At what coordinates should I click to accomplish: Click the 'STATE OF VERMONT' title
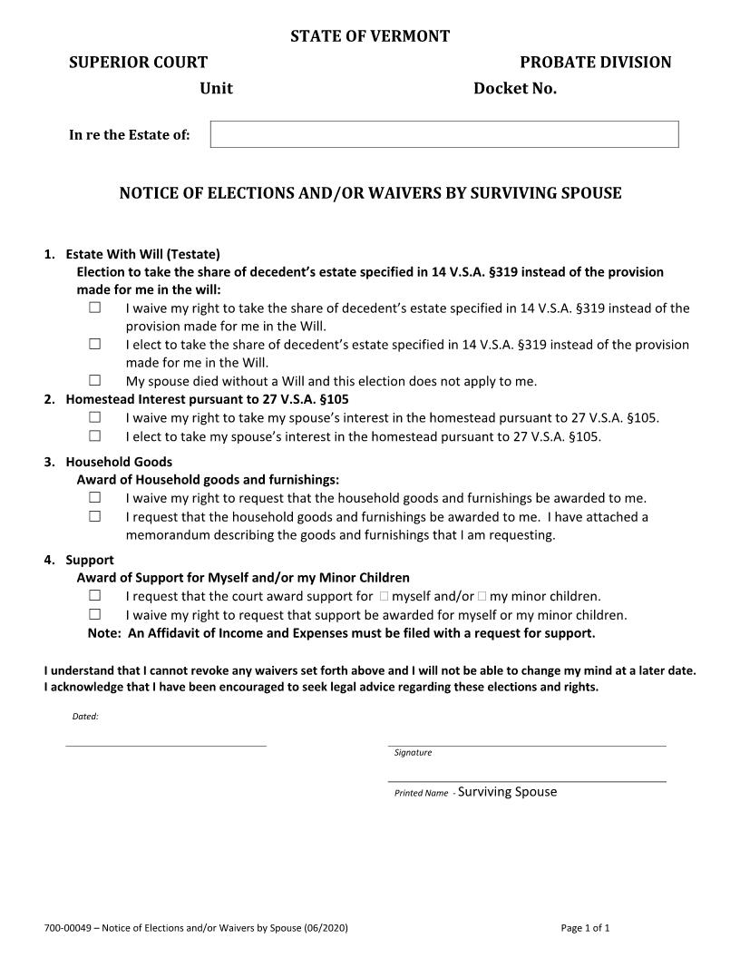(x=370, y=36)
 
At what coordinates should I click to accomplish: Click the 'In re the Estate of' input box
(x=444, y=134)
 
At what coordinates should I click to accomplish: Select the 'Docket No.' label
(x=514, y=88)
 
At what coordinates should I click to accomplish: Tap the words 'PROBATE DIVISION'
(x=595, y=62)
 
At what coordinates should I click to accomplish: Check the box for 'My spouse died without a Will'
(x=94, y=380)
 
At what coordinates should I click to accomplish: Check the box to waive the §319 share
(x=94, y=308)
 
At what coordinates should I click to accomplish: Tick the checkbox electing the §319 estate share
(x=94, y=344)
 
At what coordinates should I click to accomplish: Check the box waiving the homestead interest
(x=94, y=417)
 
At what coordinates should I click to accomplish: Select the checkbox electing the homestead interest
(x=94, y=435)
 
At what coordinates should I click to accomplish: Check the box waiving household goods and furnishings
(x=94, y=497)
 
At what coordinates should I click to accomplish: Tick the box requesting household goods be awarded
(x=94, y=516)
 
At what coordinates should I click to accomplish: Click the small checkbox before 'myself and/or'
(x=385, y=596)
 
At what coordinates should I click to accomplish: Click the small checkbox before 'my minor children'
(x=482, y=596)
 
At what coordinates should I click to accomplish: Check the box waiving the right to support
(x=94, y=614)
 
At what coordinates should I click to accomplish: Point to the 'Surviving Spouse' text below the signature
(x=507, y=792)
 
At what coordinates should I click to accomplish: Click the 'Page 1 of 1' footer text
(x=585, y=928)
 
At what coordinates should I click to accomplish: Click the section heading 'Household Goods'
(x=118, y=462)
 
